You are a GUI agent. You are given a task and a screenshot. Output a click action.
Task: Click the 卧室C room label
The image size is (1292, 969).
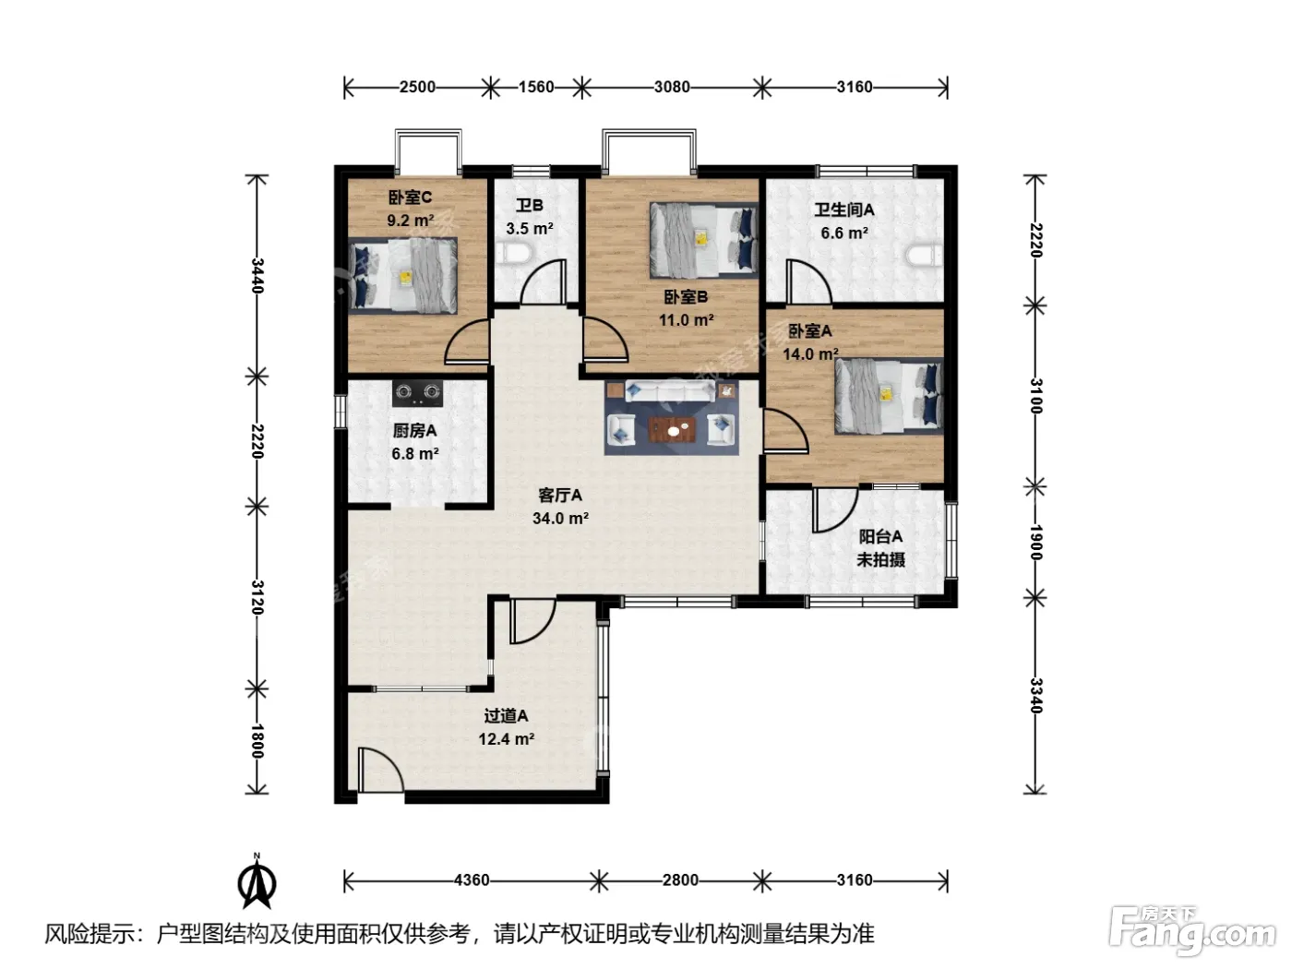tap(410, 197)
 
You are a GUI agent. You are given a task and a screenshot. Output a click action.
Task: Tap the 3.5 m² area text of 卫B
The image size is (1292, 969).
tap(529, 228)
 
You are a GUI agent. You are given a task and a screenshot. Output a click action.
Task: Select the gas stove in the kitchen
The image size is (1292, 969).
tap(417, 392)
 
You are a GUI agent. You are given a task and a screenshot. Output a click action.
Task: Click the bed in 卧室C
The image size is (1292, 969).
tap(402, 275)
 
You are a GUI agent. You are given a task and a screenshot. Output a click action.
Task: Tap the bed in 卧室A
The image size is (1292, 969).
tap(889, 396)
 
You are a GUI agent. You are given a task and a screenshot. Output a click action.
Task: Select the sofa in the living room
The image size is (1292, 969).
tap(670, 390)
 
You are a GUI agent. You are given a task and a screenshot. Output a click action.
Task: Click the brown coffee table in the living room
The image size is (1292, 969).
tap(672, 429)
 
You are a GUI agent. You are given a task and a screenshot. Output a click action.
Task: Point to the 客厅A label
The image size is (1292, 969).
tap(560, 496)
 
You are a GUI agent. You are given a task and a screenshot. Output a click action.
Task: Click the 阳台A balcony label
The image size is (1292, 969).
tap(880, 536)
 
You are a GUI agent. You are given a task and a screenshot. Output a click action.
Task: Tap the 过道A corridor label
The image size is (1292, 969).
tap(506, 715)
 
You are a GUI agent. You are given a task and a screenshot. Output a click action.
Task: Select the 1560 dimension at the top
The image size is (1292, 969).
tap(535, 87)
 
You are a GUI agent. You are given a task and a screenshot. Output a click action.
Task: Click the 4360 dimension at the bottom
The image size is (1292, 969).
tap(472, 880)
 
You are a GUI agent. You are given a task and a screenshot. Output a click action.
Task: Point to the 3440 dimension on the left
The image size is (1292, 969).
tap(257, 275)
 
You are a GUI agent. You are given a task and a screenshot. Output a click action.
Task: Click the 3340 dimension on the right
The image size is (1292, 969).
tap(1036, 696)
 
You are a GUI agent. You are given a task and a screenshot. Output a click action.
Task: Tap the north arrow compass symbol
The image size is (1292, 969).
tap(257, 881)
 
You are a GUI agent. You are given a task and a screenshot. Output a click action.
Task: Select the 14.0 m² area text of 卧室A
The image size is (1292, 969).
tap(810, 354)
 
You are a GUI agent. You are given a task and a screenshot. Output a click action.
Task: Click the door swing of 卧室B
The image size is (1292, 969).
tap(605, 340)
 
